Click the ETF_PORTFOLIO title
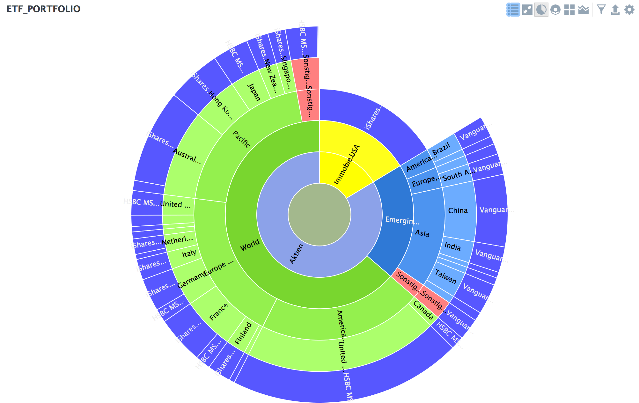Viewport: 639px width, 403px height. tap(43, 9)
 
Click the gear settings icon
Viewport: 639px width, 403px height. tap(629, 10)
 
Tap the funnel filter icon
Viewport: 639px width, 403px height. tap(601, 10)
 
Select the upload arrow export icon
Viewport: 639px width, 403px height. tap(615, 10)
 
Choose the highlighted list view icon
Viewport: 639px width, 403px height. tap(513, 10)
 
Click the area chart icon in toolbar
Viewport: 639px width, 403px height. tap(583, 10)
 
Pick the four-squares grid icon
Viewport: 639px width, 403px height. tap(569, 10)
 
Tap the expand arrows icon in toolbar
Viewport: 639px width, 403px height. tap(527, 10)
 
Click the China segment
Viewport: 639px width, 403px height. tap(459, 210)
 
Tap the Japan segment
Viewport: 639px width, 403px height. tap(253, 92)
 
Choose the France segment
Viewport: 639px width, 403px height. tap(218, 312)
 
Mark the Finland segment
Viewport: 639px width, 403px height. tap(244, 333)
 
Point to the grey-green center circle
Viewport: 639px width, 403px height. tap(319, 215)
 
